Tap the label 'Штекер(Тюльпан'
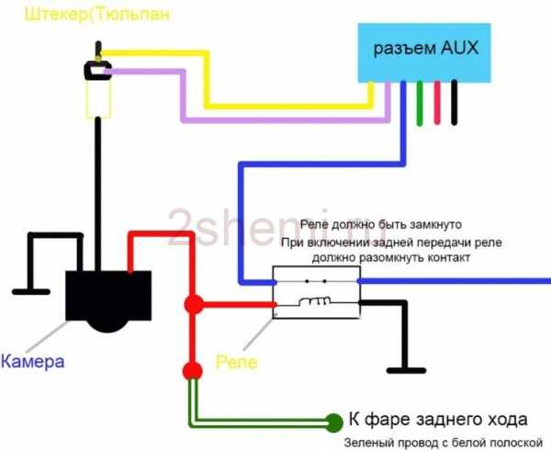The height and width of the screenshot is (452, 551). (x=87, y=15)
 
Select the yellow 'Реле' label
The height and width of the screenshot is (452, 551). (x=236, y=361)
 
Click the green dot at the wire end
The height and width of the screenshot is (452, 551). (x=335, y=424)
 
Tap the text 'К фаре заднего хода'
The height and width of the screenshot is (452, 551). (x=440, y=422)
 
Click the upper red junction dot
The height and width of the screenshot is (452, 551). (x=193, y=303)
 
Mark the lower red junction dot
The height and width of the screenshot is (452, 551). (x=192, y=369)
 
